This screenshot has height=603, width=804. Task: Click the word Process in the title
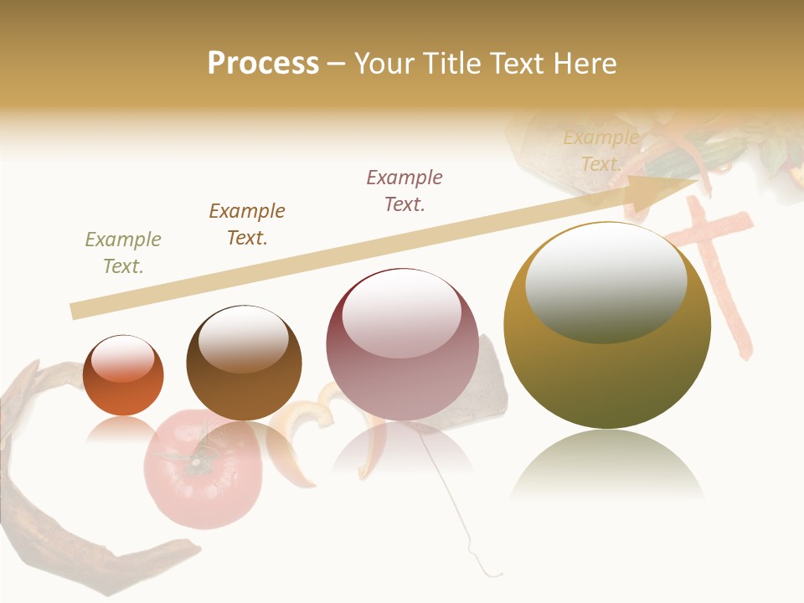(x=263, y=64)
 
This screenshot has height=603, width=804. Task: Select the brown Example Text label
(x=247, y=224)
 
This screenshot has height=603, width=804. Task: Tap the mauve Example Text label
(x=405, y=191)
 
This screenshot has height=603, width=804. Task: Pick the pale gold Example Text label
(x=600, y=151)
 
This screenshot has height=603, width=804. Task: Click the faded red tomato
(x=191, y=469)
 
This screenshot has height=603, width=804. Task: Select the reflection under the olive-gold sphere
(x=607, y=465)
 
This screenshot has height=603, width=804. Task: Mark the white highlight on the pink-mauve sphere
(x=402, y=314)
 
